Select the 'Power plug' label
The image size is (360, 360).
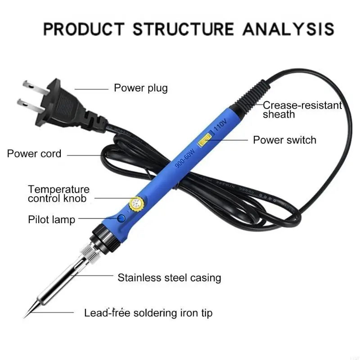click(140, 88)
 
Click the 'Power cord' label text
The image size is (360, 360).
click(34, 153)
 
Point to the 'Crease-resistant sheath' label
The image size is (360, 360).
click(302, 110)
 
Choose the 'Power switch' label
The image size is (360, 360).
click(284, 140)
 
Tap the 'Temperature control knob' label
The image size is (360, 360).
click(58, 194)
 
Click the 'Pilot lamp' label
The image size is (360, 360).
click(51, 220)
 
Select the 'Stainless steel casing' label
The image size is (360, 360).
click(169, 278)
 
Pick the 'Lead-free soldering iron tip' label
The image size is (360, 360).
click(148, 312)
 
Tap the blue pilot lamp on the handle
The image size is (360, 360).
click(121, 219)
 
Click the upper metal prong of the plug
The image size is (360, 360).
click(30, 84)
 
